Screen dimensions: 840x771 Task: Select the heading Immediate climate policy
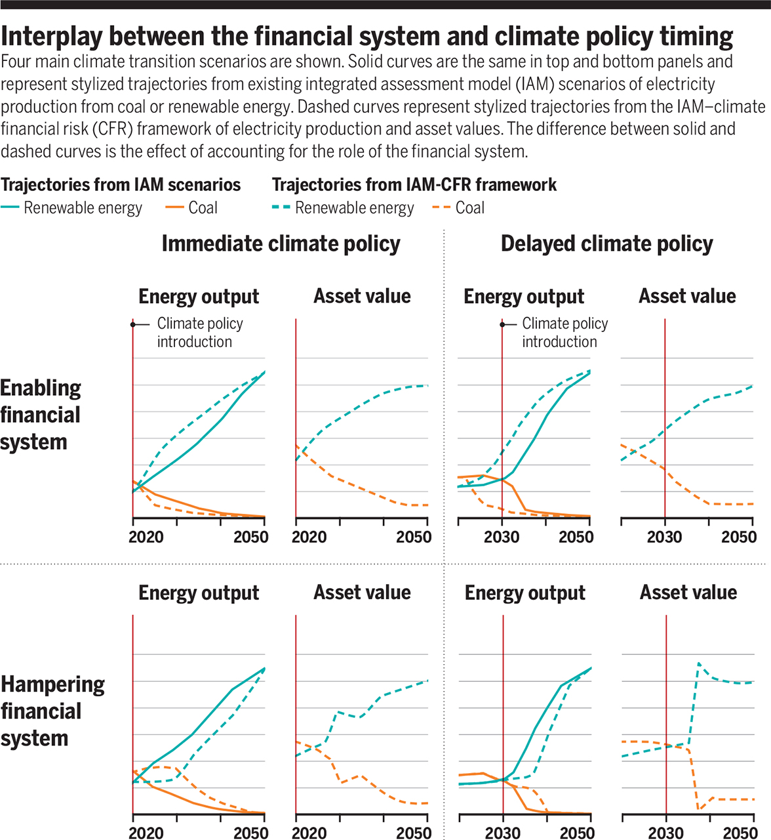point(281,243)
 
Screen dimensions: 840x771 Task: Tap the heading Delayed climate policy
point(606,243)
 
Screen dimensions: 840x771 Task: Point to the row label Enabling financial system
point(41,415)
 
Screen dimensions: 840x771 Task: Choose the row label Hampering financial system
point(52,711)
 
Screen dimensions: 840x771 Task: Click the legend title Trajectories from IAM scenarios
point(121,185)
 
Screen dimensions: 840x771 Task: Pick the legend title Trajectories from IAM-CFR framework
point(414,185)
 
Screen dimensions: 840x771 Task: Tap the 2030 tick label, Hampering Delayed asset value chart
point(665,833)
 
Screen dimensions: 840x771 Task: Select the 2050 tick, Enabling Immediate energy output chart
point(250,537)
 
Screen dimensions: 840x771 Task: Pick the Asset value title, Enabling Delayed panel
point(687,296)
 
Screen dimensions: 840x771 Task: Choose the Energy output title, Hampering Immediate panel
point(199,593)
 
